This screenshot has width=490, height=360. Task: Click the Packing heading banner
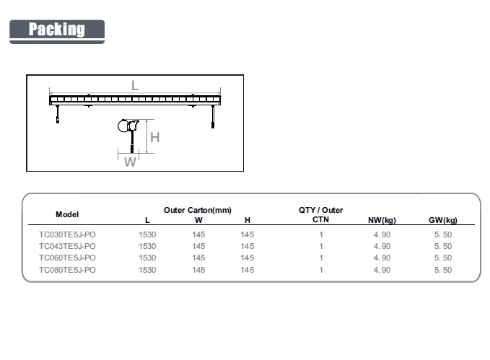(57, 32)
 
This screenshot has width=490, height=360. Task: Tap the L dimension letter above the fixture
(135, 85)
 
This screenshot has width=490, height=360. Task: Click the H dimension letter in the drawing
(154, 138)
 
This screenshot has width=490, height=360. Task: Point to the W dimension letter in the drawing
(130, 162)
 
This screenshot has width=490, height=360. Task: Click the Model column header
(67, 214)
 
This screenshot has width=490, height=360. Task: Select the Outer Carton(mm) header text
(198, 210)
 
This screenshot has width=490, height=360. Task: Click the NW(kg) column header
(382, 220)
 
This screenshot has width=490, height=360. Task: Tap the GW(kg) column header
(443, 220)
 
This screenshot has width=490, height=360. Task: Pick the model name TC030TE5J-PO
(67, 234)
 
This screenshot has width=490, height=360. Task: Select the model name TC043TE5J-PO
(67, 246)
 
